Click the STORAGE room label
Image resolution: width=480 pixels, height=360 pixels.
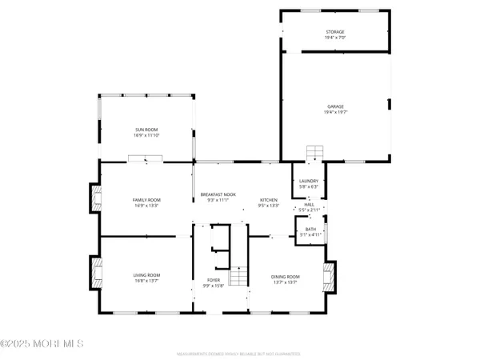334,32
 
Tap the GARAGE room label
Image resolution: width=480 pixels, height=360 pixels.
334,106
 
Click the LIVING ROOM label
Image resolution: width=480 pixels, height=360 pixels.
146,275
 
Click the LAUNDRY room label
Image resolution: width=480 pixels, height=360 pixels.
309,182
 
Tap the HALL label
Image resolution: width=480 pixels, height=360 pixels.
309,205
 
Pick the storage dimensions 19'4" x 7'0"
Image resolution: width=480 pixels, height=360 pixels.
334,37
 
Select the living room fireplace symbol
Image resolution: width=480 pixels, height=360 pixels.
96,273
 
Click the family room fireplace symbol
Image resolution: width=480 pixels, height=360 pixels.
96,198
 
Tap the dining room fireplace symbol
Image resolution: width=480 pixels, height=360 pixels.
327,277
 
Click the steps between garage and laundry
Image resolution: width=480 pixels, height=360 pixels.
314,153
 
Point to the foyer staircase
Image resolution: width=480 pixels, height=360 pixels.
239,278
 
